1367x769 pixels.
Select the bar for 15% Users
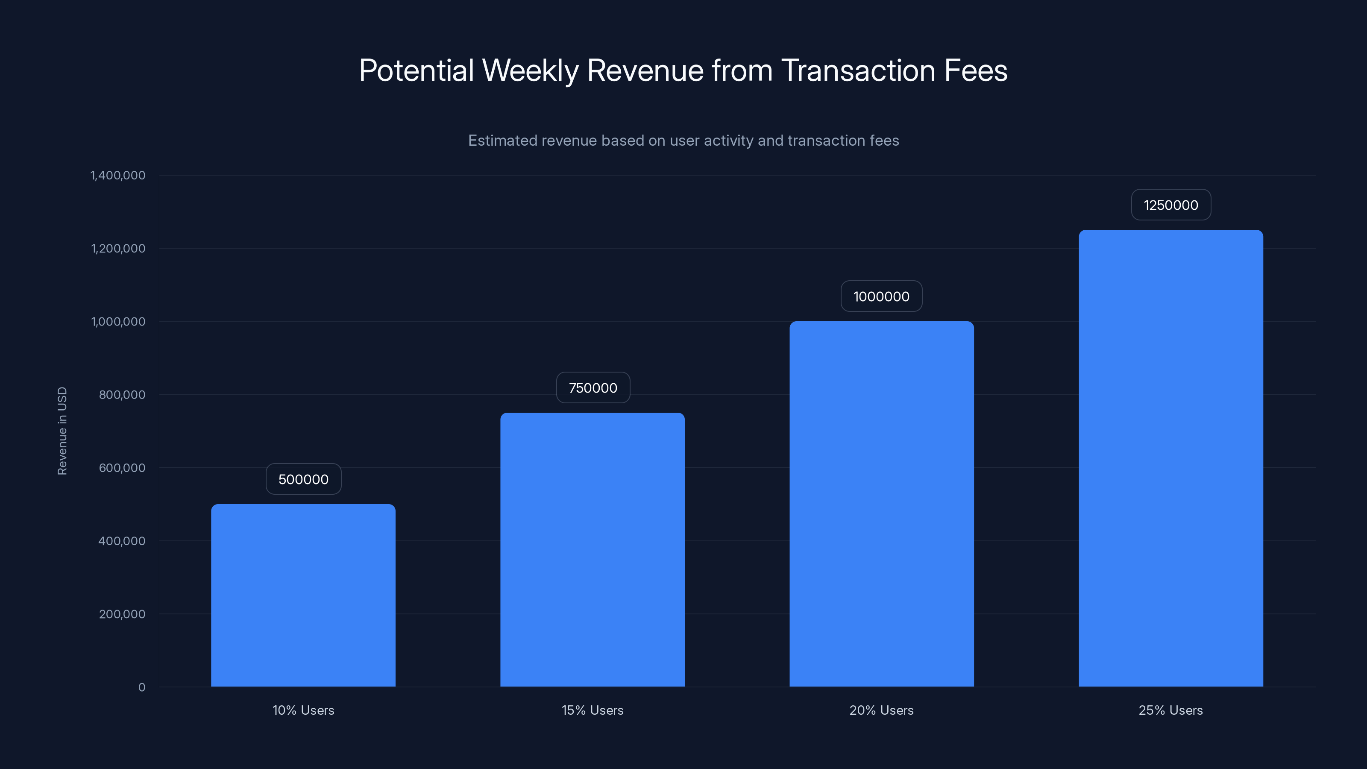(x=592, y=549)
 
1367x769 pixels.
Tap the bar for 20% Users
(x=881, y=504)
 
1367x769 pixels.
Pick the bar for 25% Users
(x=1170, y=458)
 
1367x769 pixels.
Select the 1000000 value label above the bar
(x=881, y=296)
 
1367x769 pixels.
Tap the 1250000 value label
(x=1170, y=205)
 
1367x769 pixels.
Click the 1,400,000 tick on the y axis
(x=118, y=176)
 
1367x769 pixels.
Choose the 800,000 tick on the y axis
(x=122, y=395)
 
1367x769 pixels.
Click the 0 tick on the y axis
(x=142, y=687)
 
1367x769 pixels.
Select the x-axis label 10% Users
(x=303, y=710)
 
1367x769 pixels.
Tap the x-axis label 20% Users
(x=881, y=710)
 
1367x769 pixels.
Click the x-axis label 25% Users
(x=1170, y=710)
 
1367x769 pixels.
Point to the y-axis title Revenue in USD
(x=62, y=431)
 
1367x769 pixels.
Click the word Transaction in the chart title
(x=858, y=70)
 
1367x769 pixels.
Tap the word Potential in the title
(x=417, y=70)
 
